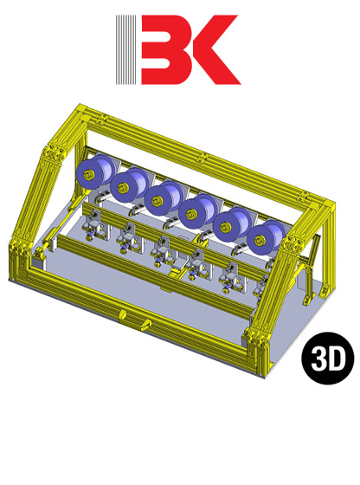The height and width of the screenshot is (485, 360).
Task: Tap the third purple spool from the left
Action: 162,198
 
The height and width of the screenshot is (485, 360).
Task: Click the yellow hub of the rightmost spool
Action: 260,236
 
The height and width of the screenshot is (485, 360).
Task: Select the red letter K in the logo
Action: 210,50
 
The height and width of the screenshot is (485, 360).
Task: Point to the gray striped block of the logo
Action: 126,50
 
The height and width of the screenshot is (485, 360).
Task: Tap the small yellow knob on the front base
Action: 145,327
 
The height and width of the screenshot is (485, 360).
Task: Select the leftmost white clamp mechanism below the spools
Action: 91,227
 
